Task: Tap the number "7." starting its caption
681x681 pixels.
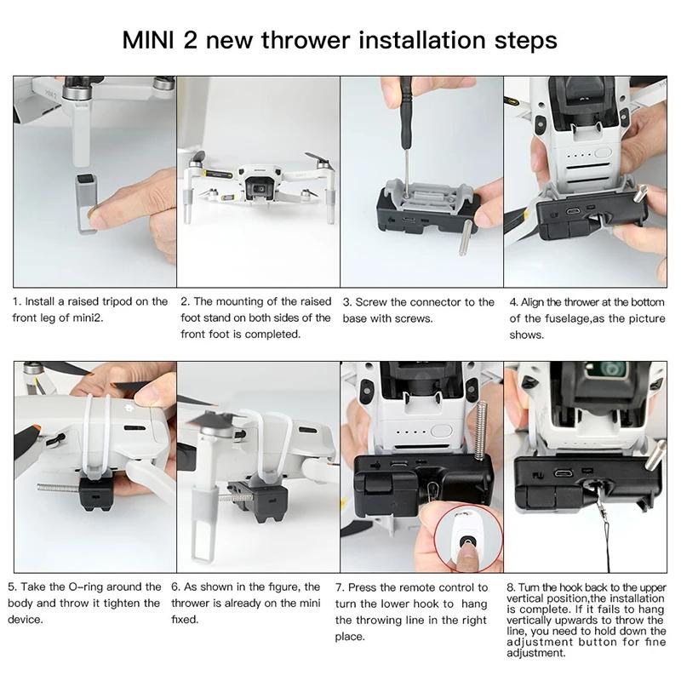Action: (340, 587)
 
